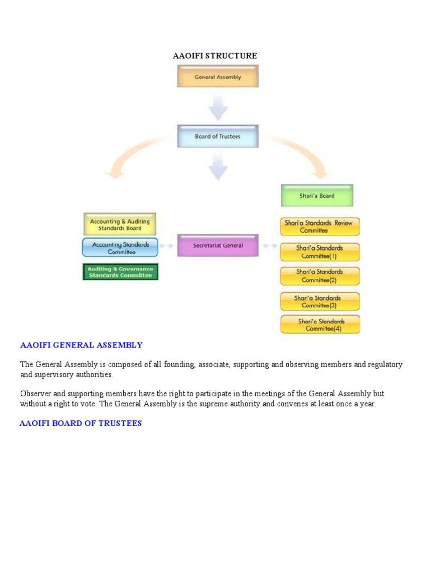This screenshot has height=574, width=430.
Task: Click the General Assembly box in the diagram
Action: point(218,77)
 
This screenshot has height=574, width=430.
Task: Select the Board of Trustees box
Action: point(218,136)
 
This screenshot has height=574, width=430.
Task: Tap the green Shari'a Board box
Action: point(317,196)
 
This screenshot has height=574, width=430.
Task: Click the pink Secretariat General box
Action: point(218,246)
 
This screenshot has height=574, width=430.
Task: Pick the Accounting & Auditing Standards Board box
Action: point(120,224)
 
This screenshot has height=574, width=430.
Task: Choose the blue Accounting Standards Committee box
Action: point(120,248)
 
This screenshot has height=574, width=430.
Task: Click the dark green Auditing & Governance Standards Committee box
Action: point(120,272)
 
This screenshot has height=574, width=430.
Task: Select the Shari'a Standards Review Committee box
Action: point(320,226)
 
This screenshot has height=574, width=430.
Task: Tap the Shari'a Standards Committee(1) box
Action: point(320,252)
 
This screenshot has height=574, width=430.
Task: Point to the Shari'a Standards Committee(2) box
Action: point(320,276)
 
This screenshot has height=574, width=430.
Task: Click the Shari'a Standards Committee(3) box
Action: point(320,302)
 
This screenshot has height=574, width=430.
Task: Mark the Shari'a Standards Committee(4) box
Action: point(320,325)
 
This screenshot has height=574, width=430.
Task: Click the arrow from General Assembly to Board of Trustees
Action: point(218,107)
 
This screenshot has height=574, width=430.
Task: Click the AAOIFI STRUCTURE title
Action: point(215,56)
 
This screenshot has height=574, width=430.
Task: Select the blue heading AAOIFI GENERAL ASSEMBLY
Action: point(81,345)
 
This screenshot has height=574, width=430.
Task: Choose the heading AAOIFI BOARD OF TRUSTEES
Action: point(81,423)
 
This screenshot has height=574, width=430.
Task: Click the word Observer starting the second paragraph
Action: point(35,394)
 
